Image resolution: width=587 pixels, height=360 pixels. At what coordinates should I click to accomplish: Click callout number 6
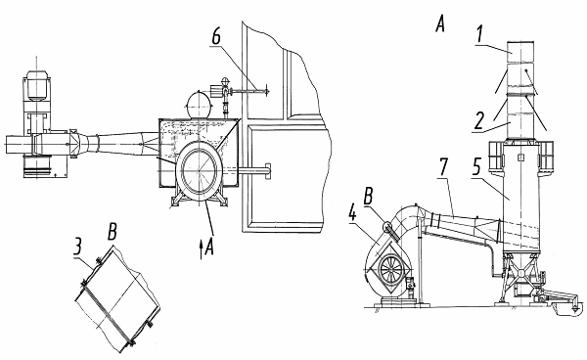pos(216,36)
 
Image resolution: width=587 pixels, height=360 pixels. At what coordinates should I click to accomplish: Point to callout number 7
pos(443,166)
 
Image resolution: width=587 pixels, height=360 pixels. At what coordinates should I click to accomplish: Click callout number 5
pos(476,166)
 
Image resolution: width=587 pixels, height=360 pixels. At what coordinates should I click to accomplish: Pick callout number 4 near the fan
pos(352,213)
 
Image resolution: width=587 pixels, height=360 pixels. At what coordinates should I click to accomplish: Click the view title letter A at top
pos(440,24)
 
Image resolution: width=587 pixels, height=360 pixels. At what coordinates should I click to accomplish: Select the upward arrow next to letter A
pos(201,249)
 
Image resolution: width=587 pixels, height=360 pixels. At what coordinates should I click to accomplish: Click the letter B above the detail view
pos(113,232)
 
